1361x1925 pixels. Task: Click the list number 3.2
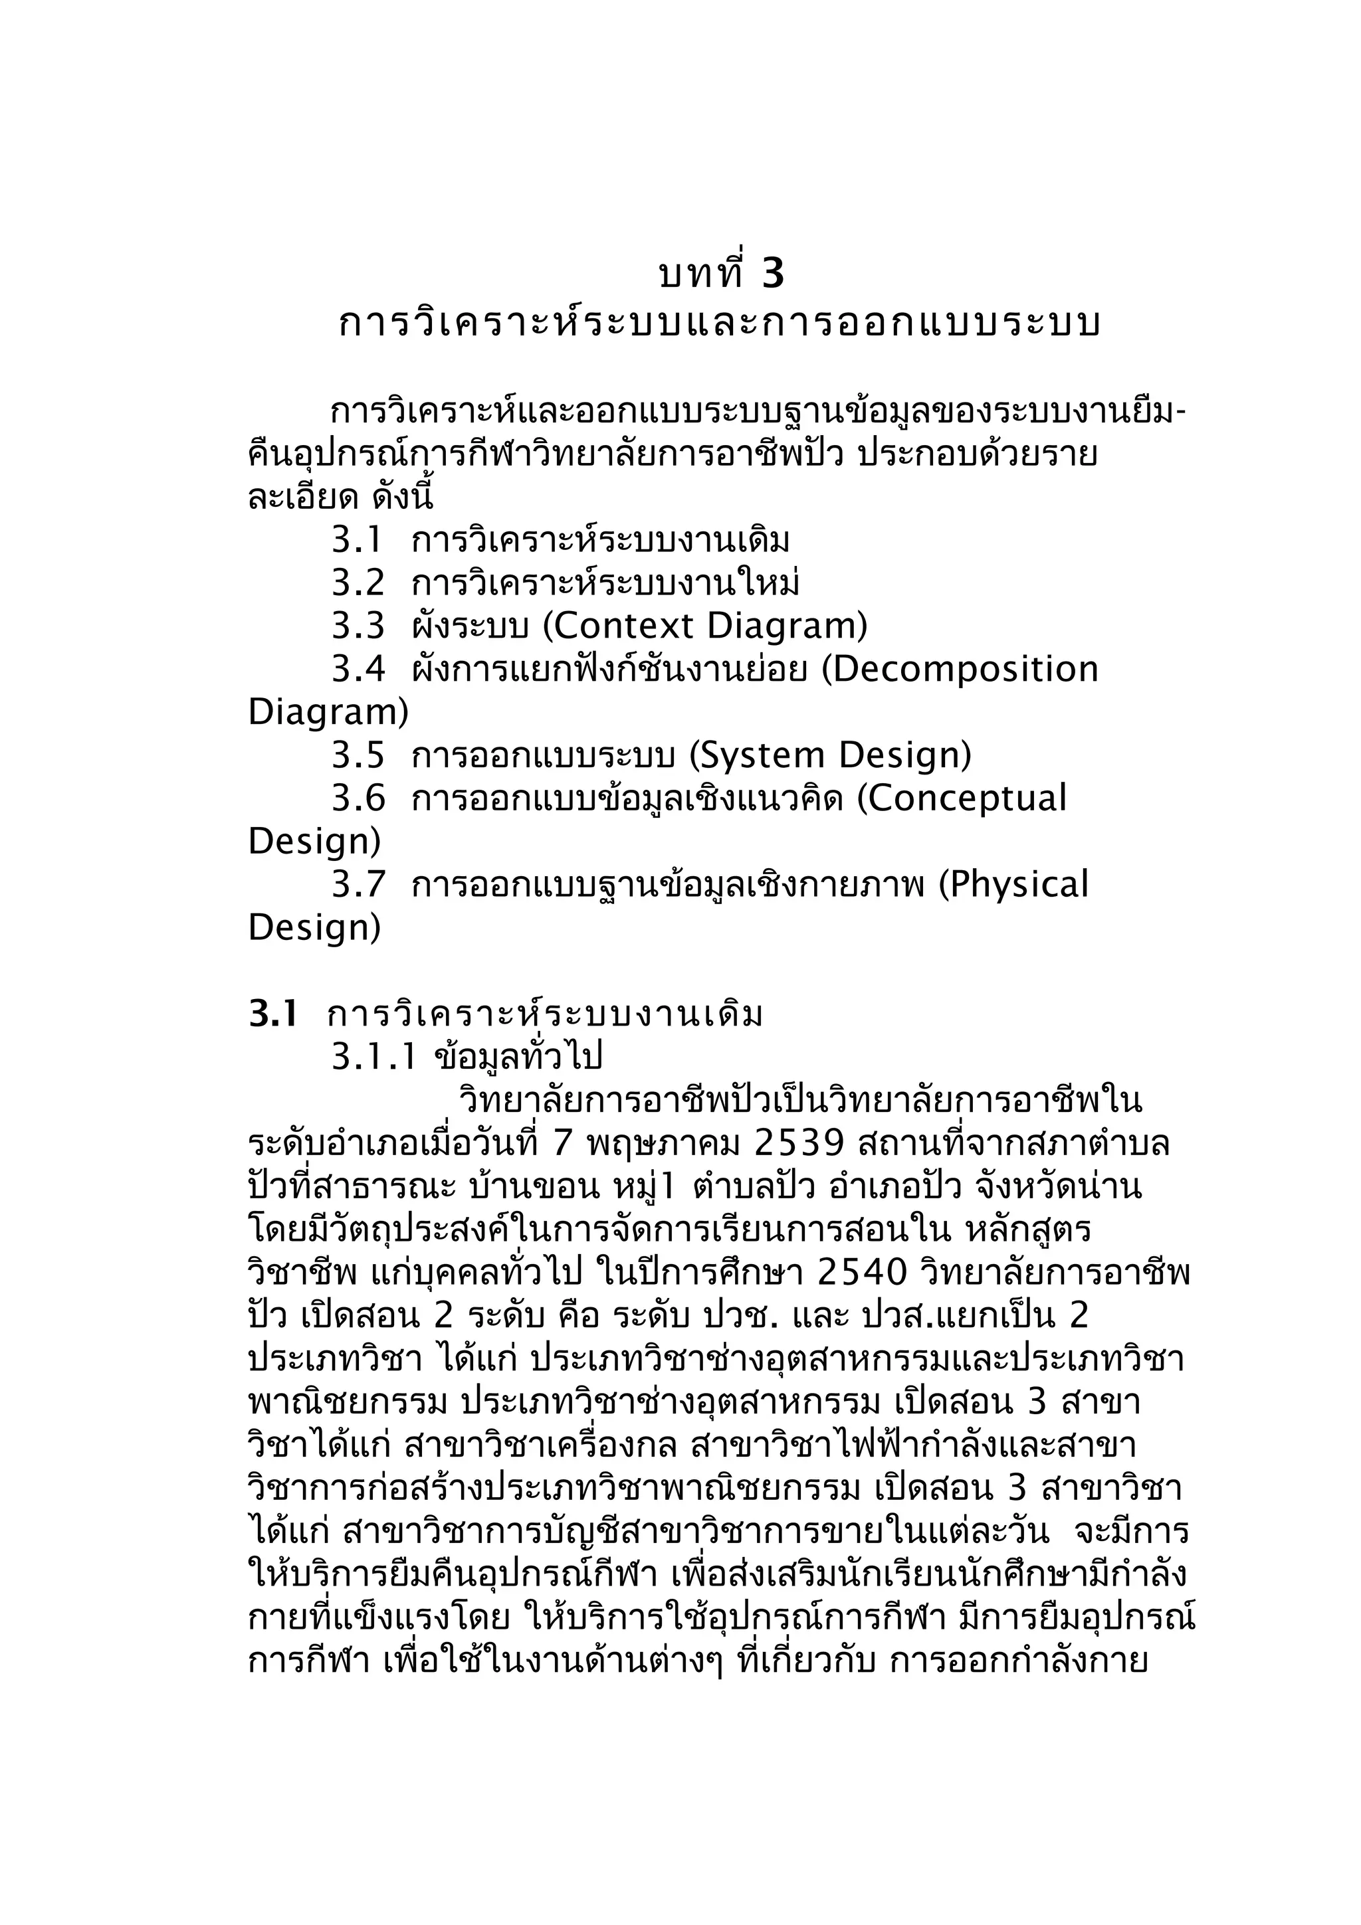coord(358,582)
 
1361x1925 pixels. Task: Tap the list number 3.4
coord(358,668)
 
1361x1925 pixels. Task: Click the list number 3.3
coord(358,626)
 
